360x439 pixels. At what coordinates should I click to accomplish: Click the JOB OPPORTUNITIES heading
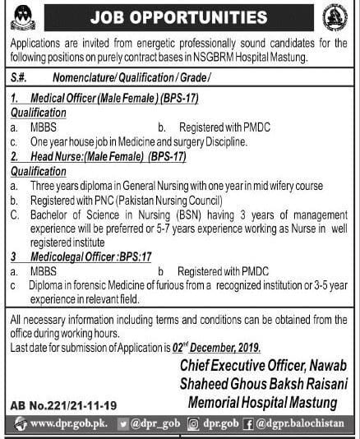[x=180, y=16]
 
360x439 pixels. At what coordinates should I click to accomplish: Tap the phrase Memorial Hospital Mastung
[x=262, y=402]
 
